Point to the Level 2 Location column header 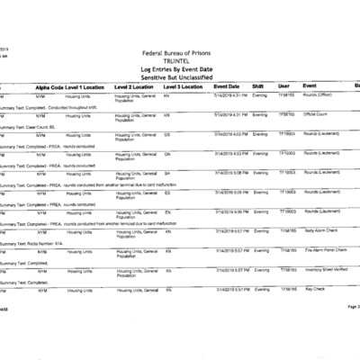click(135, 85)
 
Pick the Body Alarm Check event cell click(320, 230)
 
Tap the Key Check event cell click(313, 289)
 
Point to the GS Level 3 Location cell click(168, 133)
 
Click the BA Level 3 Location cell click(168, 172)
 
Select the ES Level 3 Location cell click(168, 192)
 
